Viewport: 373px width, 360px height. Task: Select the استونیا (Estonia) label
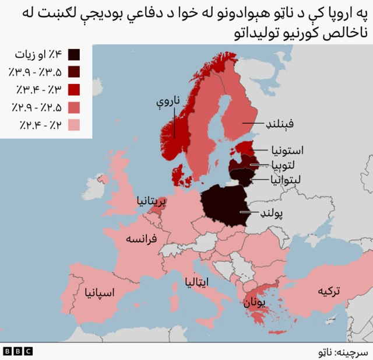287,150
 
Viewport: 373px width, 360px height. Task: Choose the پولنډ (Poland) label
271,214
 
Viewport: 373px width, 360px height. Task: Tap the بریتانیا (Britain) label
151,201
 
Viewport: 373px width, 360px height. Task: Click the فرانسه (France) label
143,239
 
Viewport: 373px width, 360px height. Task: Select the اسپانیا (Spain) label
99,291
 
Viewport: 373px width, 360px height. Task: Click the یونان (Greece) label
254,303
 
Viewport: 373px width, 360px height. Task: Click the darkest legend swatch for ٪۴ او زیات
75,55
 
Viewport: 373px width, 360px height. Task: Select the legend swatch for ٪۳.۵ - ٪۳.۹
75,72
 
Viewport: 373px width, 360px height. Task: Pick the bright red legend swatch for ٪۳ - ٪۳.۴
75,90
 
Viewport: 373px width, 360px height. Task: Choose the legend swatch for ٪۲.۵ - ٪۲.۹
75,107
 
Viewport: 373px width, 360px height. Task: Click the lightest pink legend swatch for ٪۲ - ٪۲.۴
75,125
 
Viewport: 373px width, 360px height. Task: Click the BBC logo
17,351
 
